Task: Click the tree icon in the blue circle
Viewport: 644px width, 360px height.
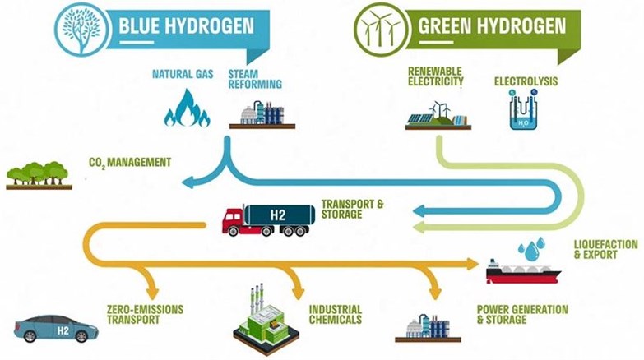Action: click(x=81, y=30)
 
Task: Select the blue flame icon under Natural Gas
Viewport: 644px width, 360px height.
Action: click(x=188, y=108)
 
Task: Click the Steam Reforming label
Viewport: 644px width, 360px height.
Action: click(x=255, y=79)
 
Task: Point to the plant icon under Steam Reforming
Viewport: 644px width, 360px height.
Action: click(x=262, y=115)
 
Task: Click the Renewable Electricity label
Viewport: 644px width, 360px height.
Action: click(x=435, y=76)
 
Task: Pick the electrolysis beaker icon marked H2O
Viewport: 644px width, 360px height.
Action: click(x=523, y=109)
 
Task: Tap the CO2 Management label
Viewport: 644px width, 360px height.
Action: click(x=130, y=163)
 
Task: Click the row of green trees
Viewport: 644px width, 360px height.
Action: click(x=39, y=175)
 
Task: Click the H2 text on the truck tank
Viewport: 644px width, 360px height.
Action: click(x=278, y=215)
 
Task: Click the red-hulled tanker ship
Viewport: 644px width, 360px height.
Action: click(x=523, y=272)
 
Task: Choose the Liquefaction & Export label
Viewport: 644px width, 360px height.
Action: click(x=606, y=249)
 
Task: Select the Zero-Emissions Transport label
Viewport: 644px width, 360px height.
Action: click(x=145, y=315)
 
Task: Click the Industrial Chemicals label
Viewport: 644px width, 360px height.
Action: click(x=335, y=315)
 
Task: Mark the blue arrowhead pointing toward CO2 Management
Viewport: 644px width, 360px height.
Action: click(x=188, y=182)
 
